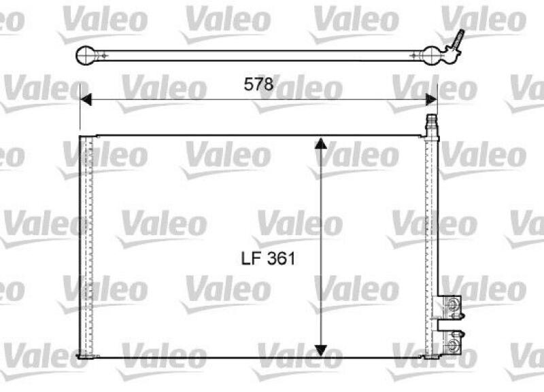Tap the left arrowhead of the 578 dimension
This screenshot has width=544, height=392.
(x=84, y=101)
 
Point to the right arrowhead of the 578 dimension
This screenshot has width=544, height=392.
(x=431, y=101)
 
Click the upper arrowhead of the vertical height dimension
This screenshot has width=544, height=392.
(x=321, y=143)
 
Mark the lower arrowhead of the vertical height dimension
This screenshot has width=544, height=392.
(x=321, y=349)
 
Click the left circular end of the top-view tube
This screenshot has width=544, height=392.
(x=87, y=54)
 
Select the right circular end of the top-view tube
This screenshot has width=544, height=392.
(x=432, y=54)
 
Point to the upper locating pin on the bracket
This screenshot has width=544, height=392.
(x=460, y=313)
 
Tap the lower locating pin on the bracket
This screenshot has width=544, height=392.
(x=460, y=333)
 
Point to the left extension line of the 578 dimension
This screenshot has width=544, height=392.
(x=80, y=109)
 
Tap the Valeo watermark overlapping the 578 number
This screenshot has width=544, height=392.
(x=299, y=89)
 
